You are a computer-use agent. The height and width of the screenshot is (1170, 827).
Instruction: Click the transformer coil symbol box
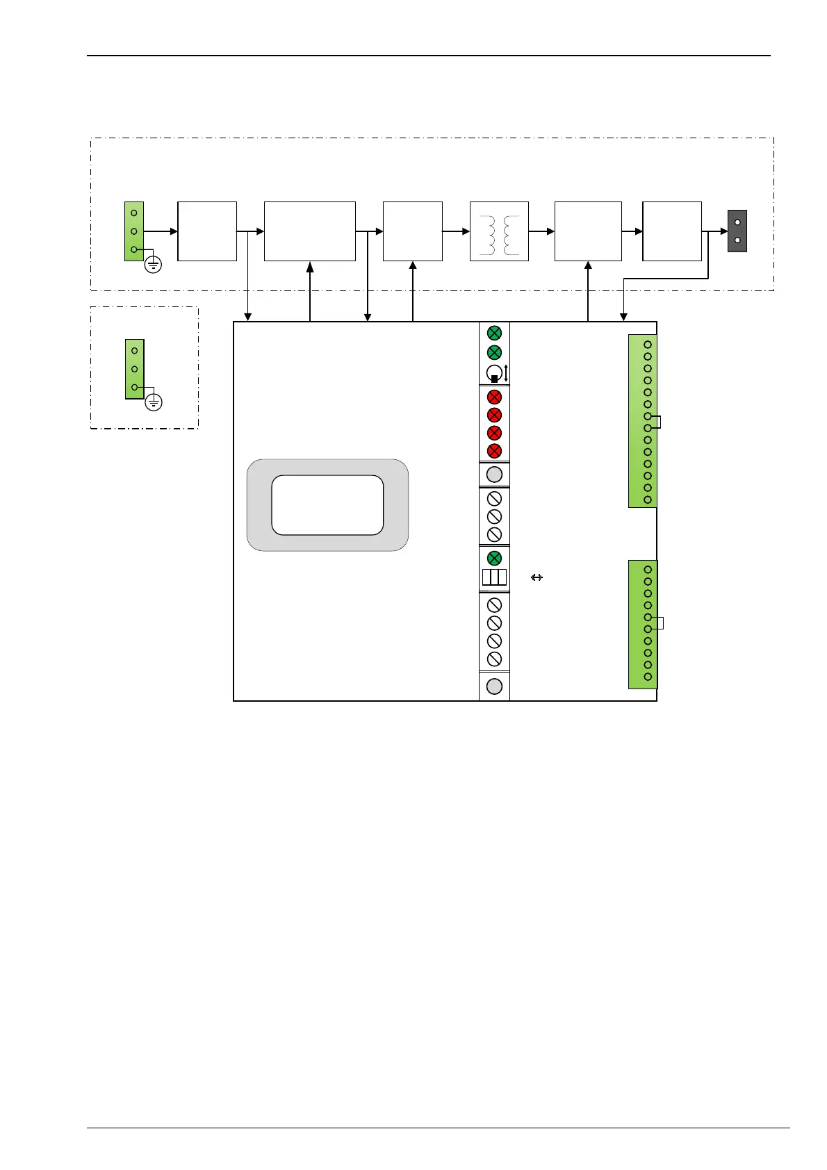(x=499, y=231)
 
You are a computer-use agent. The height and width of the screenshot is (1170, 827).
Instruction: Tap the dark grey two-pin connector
(x=737, y=231)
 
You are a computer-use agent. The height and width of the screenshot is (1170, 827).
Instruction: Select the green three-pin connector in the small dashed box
(x=134, y=369)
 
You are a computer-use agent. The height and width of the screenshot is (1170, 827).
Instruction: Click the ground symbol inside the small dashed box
(x=154, y=402)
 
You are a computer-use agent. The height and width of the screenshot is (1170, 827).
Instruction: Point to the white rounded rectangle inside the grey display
(x=327, y=505)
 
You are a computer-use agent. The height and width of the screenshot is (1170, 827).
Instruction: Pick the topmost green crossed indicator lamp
(x=494, y=333)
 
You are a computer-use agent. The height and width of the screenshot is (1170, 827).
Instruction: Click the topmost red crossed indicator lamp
(x=494, y=397)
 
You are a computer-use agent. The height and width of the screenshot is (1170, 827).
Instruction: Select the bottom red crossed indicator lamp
(x=494, y=451)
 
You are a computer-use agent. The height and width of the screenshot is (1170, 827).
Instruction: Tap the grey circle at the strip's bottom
(x=494, y=686)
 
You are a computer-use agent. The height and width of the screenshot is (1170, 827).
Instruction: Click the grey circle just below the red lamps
(x=494, y=475)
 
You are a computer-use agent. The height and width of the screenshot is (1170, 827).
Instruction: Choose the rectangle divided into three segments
(x=494, y=577)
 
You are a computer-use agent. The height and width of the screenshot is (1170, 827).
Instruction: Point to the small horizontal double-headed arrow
(x=537, y=577)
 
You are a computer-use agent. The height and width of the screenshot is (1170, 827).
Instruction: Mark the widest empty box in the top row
(x=310, y=231)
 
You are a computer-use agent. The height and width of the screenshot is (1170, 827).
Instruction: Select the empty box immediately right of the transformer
(x=588, y=231)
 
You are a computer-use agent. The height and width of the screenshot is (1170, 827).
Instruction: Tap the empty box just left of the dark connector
(x=672, y=231)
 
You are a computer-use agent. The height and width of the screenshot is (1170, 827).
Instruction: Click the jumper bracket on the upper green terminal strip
(x=657, y=422)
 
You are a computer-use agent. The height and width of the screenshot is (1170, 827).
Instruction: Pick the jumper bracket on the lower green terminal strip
(x=660, y=623)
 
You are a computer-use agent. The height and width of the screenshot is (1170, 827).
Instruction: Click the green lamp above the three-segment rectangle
(x=494, y=558)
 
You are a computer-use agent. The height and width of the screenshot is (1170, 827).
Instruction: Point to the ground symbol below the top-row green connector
(x=153, y=264)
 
